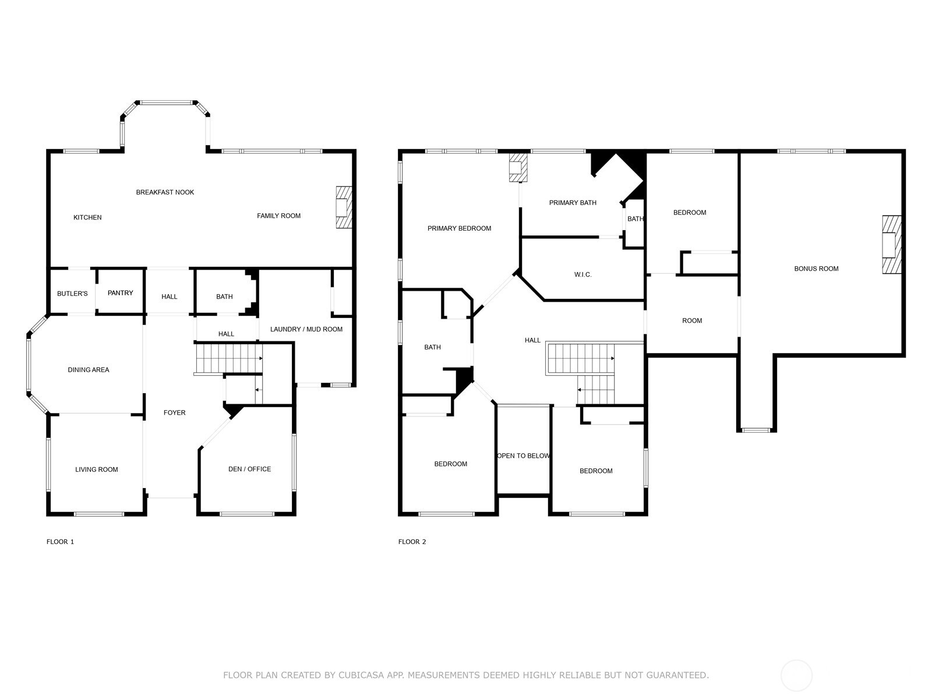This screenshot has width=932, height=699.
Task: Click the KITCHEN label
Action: tap(87, 217)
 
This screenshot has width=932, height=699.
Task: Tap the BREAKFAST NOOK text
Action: tap(165, 192)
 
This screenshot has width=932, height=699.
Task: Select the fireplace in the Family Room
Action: tap(344, 207)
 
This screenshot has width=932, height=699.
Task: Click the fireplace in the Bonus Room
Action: tap(891, 245)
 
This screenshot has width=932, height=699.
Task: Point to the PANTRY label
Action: tap(121, 293)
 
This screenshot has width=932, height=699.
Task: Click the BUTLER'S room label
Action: tap(72, 294)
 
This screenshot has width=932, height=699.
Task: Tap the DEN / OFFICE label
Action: tap(249, 469)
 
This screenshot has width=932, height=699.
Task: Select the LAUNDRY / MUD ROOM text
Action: tap(306, 329)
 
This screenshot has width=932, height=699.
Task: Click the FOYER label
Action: tap(174, 412)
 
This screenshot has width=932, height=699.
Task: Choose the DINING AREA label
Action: tap(89, 370)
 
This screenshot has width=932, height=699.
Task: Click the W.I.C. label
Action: tap(582, 274)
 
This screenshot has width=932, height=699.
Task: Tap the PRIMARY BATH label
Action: tap(573, 203)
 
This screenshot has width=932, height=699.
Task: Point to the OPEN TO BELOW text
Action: tap(523, 456)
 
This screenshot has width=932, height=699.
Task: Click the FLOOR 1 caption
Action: tap(60, 542)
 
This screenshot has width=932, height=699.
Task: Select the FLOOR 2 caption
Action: tap(412, 542)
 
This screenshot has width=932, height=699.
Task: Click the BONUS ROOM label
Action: tap(816, 269)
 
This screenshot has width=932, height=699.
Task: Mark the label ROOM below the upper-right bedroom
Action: tap(692, 320)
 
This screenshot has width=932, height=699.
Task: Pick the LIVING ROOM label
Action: tap(97, 469)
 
